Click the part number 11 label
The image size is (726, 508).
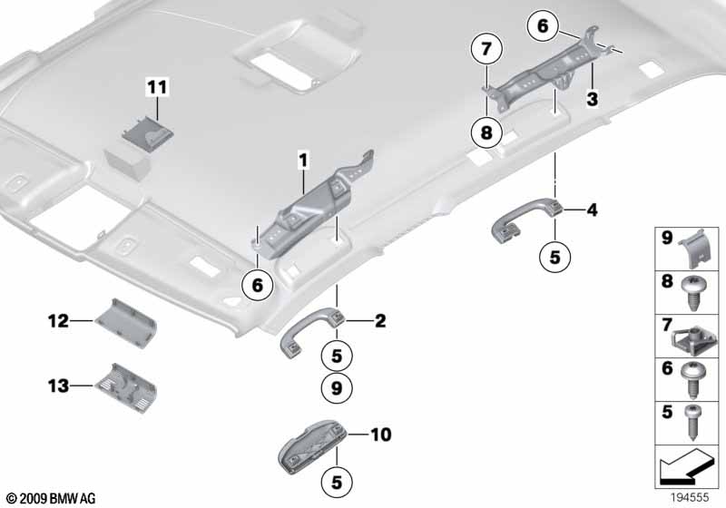(158, 88)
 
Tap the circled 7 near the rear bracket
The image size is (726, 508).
(486, 48)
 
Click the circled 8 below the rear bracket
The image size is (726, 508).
(486, 132)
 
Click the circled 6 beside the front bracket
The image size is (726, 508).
(258, 285)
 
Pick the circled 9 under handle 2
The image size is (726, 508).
(336, 389)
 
